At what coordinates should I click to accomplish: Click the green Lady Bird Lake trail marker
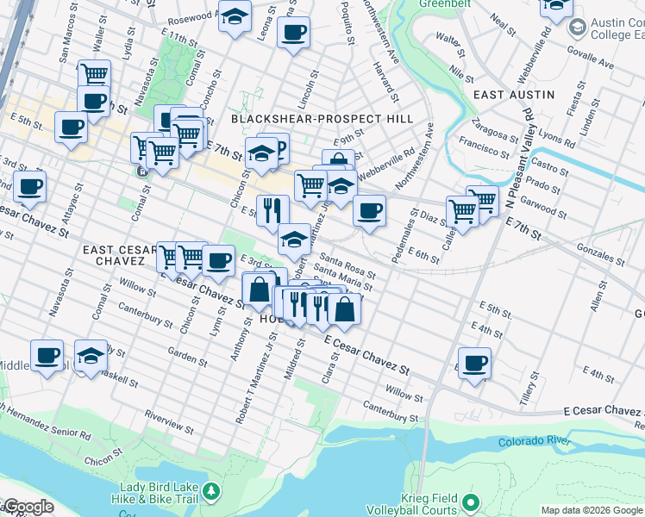coord(210,492)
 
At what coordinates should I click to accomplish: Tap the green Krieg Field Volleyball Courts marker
coord(470,501)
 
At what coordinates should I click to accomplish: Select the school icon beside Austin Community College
coord(556,7)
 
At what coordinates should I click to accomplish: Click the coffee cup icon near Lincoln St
coord(293,33)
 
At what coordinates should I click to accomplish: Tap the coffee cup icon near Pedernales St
coord(369,210)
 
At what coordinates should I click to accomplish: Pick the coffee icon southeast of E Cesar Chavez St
coord(473,363)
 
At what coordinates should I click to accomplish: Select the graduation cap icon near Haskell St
coord(90,356)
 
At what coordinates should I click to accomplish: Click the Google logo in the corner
coord(28,507)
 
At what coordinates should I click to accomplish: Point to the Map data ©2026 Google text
coord(591,510)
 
